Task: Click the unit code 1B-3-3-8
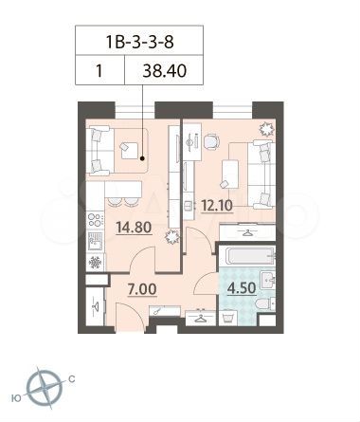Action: click(142, 43)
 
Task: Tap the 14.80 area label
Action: click(132, 227)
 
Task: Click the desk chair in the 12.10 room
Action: click(210, 144)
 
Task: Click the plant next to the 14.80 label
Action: click(171, 238)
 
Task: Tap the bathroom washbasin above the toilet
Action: click(268, 278)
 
